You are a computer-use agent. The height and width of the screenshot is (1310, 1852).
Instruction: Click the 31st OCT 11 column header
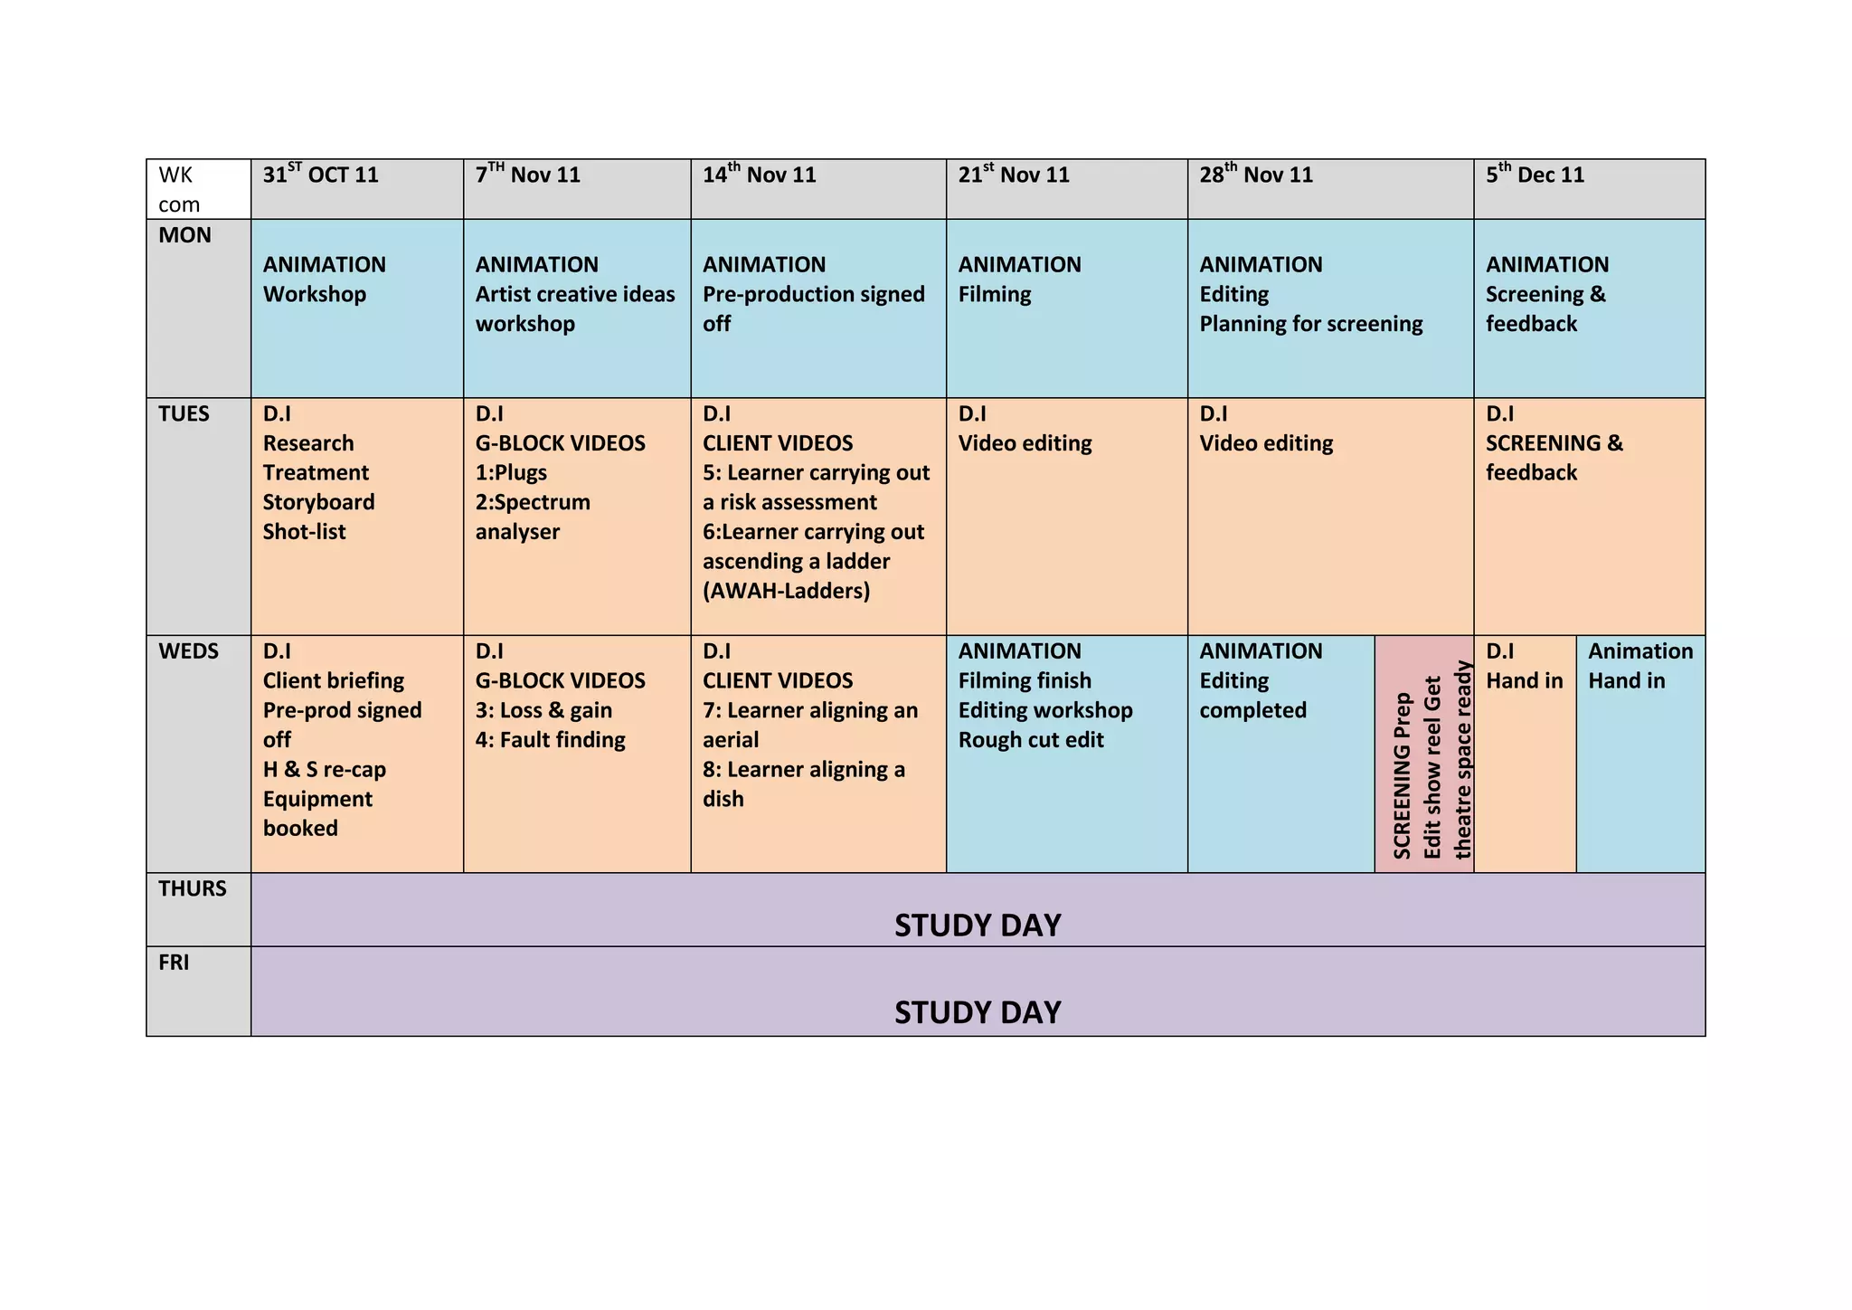(321, 175)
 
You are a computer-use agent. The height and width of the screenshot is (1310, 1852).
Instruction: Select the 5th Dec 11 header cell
(1535, 175)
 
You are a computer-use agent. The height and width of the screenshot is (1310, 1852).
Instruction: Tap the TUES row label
(184, 414)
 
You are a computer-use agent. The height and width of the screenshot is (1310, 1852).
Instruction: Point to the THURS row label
(193, 888)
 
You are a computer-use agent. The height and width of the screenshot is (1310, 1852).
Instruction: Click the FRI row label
(174, 963)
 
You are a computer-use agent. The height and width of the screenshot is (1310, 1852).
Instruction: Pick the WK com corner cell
(179, 189)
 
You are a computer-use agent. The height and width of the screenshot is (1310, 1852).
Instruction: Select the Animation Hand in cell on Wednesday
(1639, 666)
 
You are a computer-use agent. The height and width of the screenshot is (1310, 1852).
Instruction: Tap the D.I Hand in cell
(1524, 666)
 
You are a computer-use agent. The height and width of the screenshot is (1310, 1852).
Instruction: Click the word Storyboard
(318, 502)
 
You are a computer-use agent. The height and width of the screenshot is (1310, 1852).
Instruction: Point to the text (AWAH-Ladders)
(786, 591)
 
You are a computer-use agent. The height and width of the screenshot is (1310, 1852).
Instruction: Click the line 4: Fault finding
(550, 740)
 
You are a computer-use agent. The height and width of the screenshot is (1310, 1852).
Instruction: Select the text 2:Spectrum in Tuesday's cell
(533, 502)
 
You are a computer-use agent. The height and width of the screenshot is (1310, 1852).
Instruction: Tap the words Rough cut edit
(1031, 740)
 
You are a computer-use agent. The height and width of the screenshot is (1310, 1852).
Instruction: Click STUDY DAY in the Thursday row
(978, 925)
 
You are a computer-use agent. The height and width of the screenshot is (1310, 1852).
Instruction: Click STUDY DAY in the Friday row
(978, 1011)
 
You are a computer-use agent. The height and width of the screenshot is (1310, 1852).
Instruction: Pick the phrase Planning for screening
(1310, 324)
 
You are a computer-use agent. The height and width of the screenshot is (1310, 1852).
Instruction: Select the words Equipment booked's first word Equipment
(317, 799)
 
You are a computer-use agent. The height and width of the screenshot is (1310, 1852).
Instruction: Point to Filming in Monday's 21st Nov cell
(995, 294)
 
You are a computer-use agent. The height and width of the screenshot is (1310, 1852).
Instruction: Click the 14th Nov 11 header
(759, 175)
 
